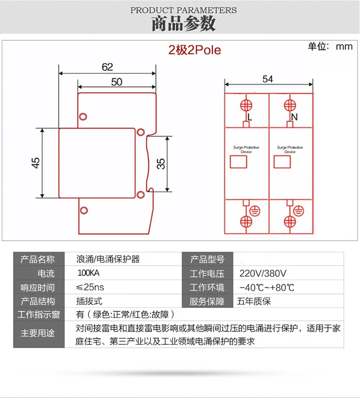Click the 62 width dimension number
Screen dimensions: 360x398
(107, 67)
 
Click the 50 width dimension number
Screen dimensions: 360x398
(117, 82)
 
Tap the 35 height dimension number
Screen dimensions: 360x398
(161, 164)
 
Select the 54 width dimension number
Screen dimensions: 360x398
(267, 79)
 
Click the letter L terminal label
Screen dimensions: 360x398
(250, 117)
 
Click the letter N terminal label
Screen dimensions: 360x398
(295, 117)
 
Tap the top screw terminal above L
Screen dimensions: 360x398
(246, 105)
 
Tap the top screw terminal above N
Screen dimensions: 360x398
(289, 105)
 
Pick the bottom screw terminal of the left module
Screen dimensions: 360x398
(246, 221)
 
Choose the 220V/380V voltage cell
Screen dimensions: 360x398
(263, 274)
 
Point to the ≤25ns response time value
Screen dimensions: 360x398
(90, 288)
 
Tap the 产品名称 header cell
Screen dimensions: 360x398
(37, 260)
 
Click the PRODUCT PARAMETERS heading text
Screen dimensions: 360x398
(183, 10)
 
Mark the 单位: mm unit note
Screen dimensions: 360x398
(330, 47)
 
